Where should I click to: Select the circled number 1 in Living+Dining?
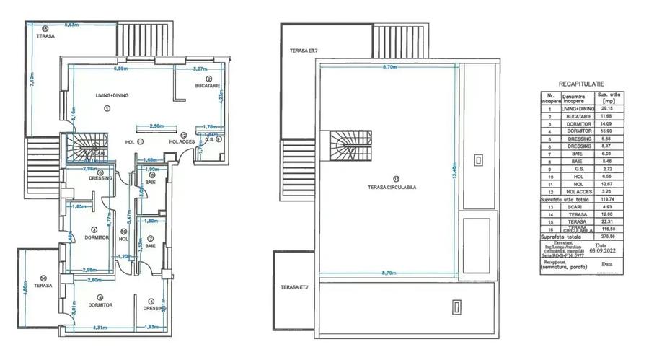(106, 108)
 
